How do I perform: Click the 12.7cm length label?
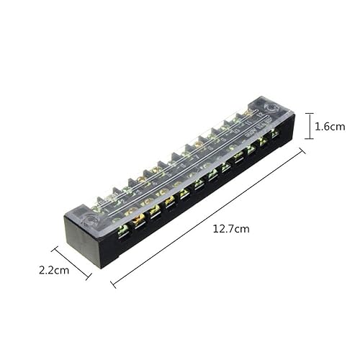[231, 229]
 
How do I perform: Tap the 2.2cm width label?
[54, 271]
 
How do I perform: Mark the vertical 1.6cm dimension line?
[308, 126]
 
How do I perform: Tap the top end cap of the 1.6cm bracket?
[308, 113]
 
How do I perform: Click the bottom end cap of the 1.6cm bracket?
[308, 139]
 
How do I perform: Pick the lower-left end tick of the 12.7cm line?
[113, 284]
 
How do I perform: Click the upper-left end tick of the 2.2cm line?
[55, 248]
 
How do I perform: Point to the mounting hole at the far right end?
[271, 110]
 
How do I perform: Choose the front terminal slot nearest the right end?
[274, 134]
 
